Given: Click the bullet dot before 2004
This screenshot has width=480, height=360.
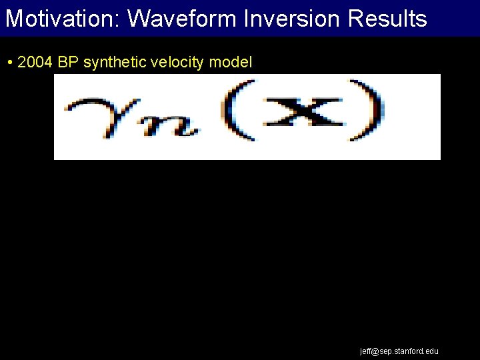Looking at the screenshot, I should pyautogui.click(x=10, y=63).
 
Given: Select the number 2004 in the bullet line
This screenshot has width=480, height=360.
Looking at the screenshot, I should pyautogui.click(x=34, y=63).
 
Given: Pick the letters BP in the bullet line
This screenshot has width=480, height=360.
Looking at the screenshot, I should pyautogui.click(x=68, y=63).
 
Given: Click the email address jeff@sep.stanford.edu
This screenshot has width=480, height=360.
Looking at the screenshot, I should pyautogui.click(x=399, y=351).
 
